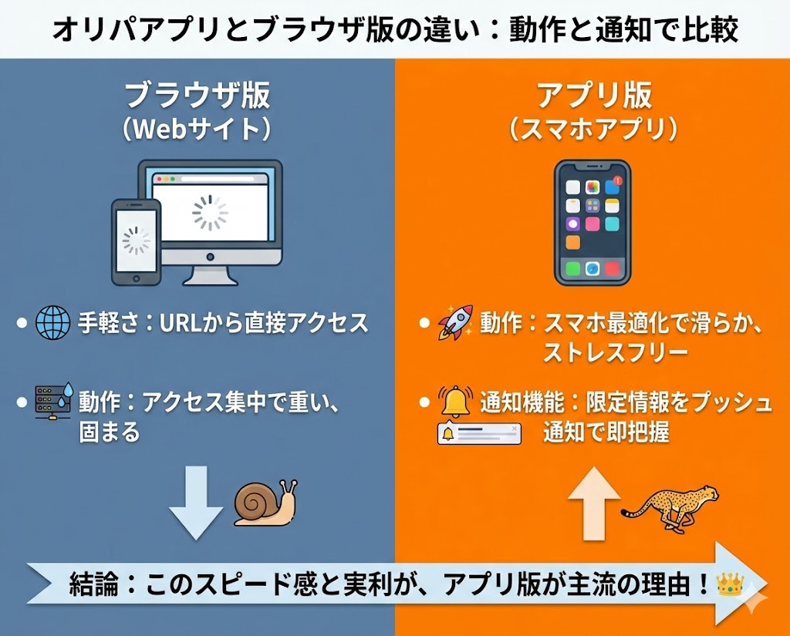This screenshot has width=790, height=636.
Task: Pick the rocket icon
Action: pos(455,322)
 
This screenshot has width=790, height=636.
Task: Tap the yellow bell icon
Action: pos(454,401)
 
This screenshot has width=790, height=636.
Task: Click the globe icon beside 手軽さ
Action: pos(52,324)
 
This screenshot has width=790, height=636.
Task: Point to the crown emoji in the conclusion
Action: pos(729,584)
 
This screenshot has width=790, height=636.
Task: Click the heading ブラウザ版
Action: pos(197,96)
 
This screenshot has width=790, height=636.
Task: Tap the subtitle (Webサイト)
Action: pos(197,128)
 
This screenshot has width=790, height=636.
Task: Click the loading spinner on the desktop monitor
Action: pos(210,213)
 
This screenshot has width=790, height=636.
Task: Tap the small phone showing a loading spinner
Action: pos(136,241)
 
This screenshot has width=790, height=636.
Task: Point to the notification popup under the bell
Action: pos(479,433)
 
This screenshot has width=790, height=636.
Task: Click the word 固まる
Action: pos(109,432)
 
